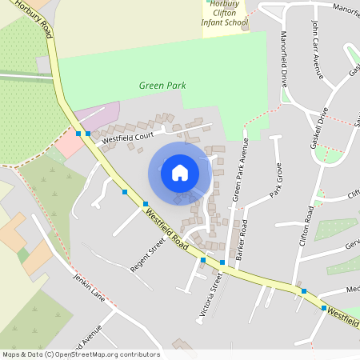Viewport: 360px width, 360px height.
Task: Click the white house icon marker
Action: [180, 172]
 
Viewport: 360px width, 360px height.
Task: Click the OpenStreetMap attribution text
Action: [80, 354]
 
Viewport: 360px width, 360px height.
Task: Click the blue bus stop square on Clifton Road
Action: [303, 290]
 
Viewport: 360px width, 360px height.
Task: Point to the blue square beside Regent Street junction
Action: [145, 203]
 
